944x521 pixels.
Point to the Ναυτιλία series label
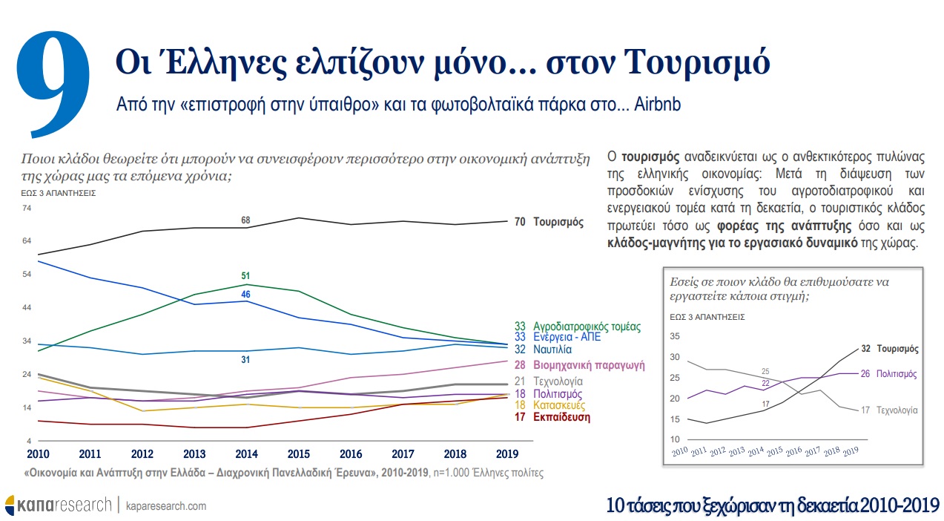[552, 349]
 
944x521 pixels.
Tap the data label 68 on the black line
[245, 220]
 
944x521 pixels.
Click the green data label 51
[245, 276]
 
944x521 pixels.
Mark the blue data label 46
[245, 295]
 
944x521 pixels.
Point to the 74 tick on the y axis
[27, 208]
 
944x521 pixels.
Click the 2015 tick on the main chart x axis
[298, 453]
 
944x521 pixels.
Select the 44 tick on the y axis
[27, 307]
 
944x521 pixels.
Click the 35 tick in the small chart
[674, 336]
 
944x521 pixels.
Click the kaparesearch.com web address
[167, 505]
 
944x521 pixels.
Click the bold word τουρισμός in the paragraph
[650, 157]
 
